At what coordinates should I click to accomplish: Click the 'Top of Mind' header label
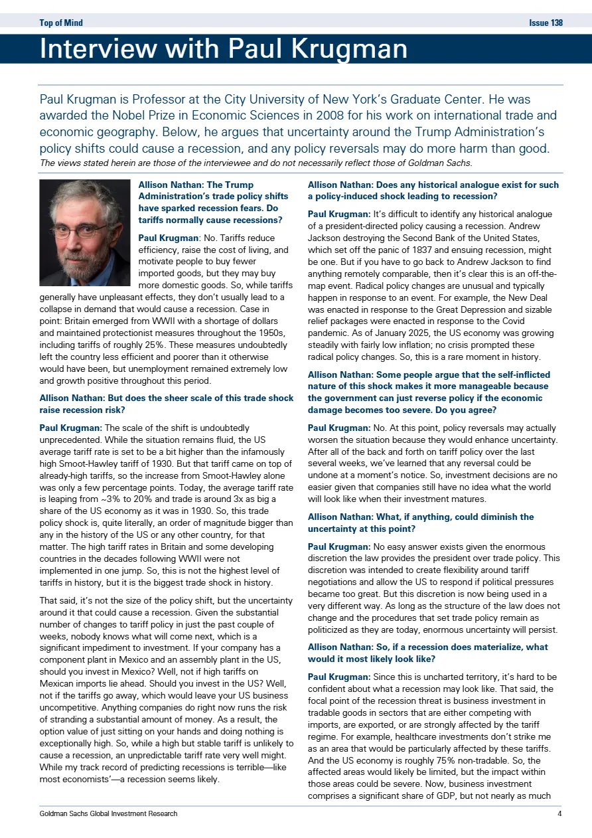[61, 23]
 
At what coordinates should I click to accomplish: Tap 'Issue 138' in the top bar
[546, 23]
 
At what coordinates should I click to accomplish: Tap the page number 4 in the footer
[560, 813]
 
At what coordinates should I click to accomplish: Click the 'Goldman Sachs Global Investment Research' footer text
[108, 813]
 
